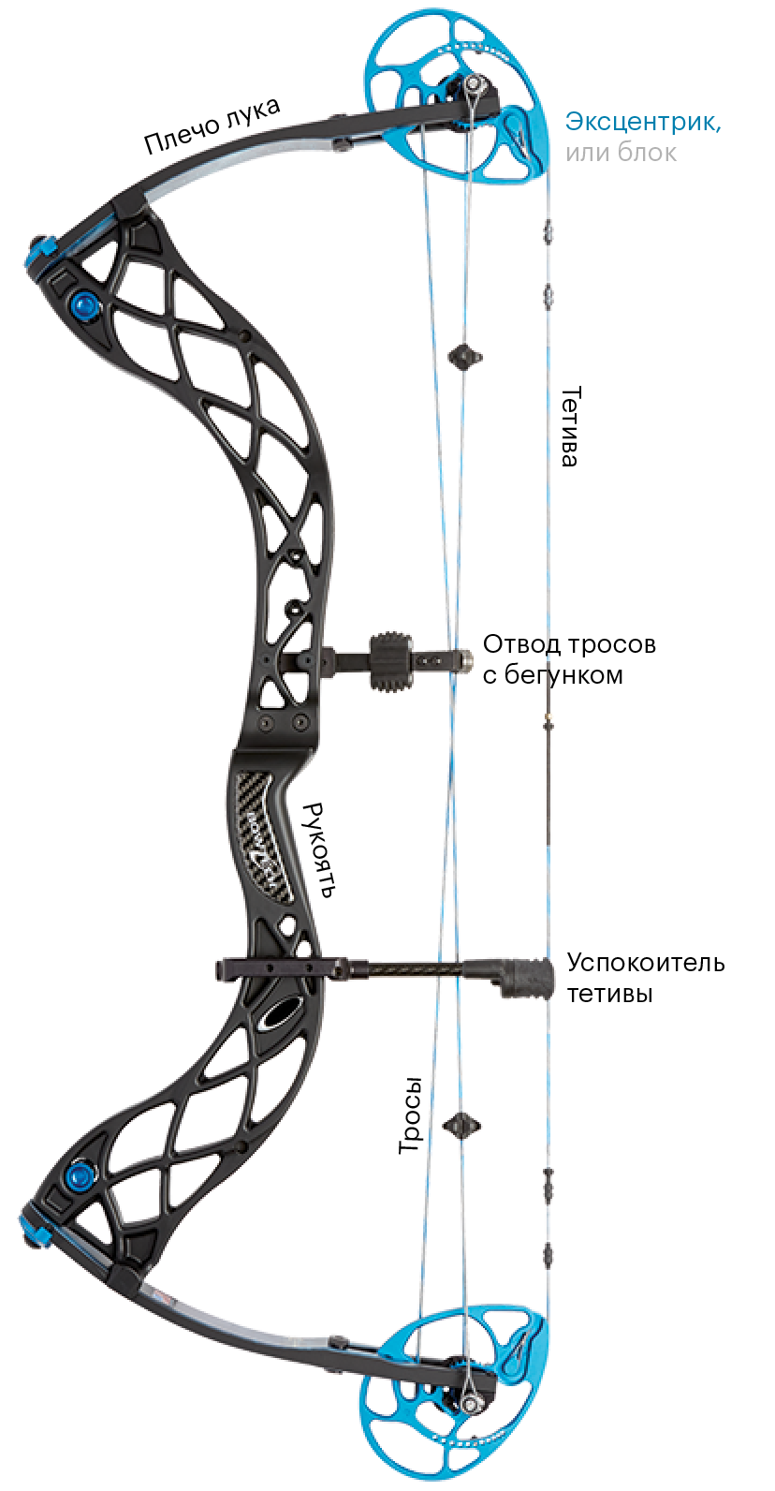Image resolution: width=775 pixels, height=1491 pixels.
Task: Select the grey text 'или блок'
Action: point(620,152)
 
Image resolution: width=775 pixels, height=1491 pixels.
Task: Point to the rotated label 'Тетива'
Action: point(570,426)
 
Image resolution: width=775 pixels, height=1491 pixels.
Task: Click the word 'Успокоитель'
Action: point(646,963)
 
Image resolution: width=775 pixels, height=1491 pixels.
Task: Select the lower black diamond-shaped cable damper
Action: point(462,1123)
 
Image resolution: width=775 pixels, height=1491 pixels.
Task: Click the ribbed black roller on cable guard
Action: point(391,662)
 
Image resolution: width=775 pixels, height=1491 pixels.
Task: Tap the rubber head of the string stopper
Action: point(530,976)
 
